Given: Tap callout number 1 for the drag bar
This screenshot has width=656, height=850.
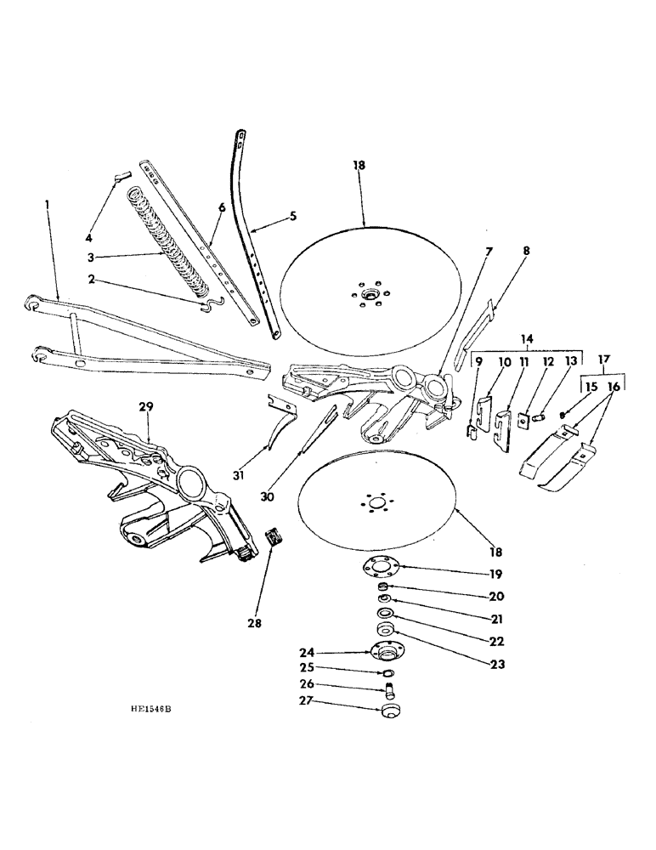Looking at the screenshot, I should click(x=47, y=205).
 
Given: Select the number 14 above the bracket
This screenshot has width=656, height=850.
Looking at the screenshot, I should click(x=529, y=338).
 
